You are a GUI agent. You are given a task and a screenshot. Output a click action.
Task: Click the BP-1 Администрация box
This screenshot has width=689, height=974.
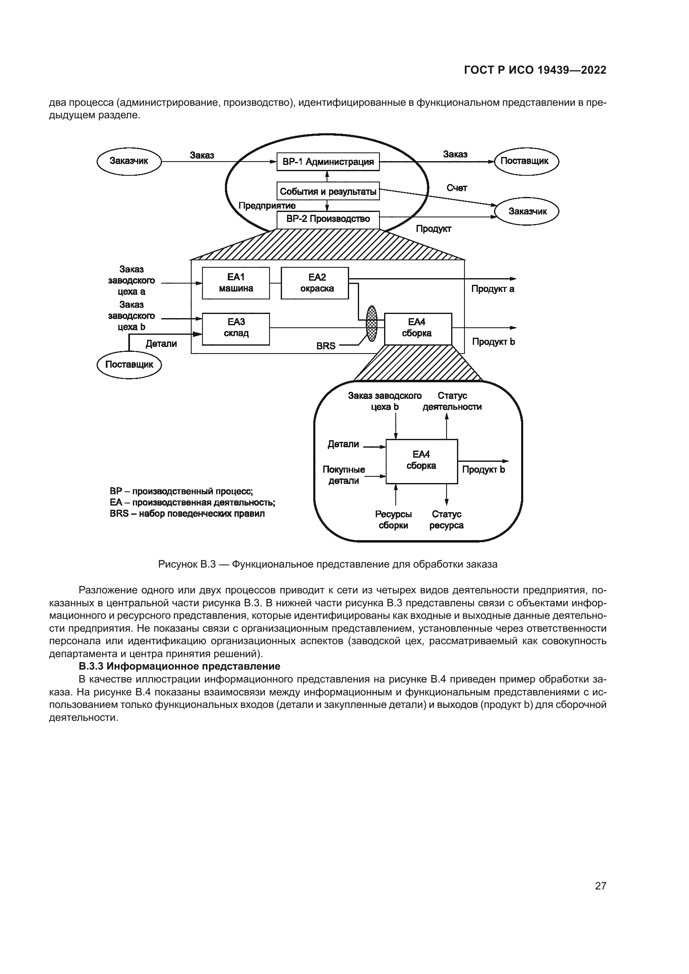(328, 162)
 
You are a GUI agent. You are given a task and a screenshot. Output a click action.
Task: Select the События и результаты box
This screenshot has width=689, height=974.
(328, 191)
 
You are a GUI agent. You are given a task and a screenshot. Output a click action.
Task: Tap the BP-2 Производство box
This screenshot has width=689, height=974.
(328, 219)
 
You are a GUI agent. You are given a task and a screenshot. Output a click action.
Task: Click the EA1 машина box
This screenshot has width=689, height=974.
(236, 283)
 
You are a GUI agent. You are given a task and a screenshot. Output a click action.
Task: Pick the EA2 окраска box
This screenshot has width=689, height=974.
(315, 283)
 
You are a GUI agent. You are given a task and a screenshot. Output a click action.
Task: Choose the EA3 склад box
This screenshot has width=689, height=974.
(236, 329)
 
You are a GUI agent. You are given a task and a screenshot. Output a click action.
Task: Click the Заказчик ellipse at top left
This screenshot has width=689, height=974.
(129, 161)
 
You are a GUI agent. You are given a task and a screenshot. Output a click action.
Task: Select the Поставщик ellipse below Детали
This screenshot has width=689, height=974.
(129, 364)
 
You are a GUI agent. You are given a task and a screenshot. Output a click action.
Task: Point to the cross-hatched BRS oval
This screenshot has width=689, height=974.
(372, 324)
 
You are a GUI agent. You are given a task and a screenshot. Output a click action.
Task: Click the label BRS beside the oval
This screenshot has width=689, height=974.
(326, 346)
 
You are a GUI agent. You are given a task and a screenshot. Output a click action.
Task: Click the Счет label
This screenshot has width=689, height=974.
(457, 188)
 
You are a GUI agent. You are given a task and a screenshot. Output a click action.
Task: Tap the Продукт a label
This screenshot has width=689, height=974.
(492, 289)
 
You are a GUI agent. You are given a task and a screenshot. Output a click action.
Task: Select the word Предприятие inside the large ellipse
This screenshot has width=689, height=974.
(267, 206)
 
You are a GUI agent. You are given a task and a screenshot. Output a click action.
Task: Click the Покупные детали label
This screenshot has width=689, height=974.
(344, 475)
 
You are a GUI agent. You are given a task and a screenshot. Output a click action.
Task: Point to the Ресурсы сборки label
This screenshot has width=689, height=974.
(393, 520)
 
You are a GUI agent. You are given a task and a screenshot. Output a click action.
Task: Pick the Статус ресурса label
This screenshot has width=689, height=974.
(446, 520)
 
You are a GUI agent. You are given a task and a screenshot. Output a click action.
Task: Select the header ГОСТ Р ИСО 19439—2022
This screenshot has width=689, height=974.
(535, 70)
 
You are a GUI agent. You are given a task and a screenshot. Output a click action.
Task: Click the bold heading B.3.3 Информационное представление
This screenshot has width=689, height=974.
(180, 666)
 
